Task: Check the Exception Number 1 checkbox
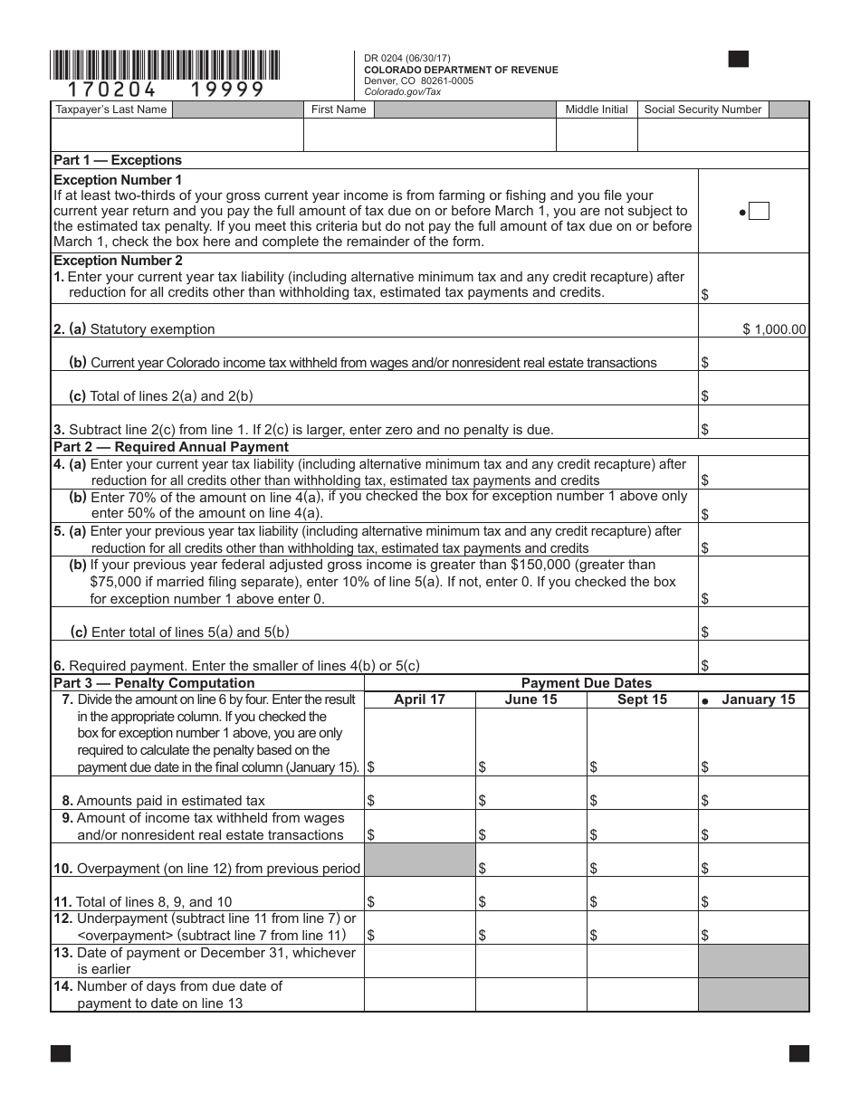tap(760, 212)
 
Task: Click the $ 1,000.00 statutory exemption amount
tap(774, 329)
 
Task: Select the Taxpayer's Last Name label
tap(111, 109)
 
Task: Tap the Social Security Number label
tap(702, 109)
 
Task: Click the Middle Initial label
tap(597, 109)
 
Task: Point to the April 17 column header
tap(419, 699)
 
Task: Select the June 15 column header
tap(530, 699)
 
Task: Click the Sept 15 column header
tap(642, 699)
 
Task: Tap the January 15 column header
tap(758, 699)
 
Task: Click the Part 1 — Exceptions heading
tap(118, 160)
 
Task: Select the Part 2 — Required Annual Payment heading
tap(171, 447)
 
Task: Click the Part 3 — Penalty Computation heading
tap(154, 683)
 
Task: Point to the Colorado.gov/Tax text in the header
tap(402, 91)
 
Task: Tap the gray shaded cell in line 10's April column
tap(419, 860)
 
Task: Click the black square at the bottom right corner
tap(798, 1053)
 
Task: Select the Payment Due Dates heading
tap(586, 683)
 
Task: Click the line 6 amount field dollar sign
tap(705, 666)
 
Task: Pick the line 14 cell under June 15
tap(530, 994)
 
